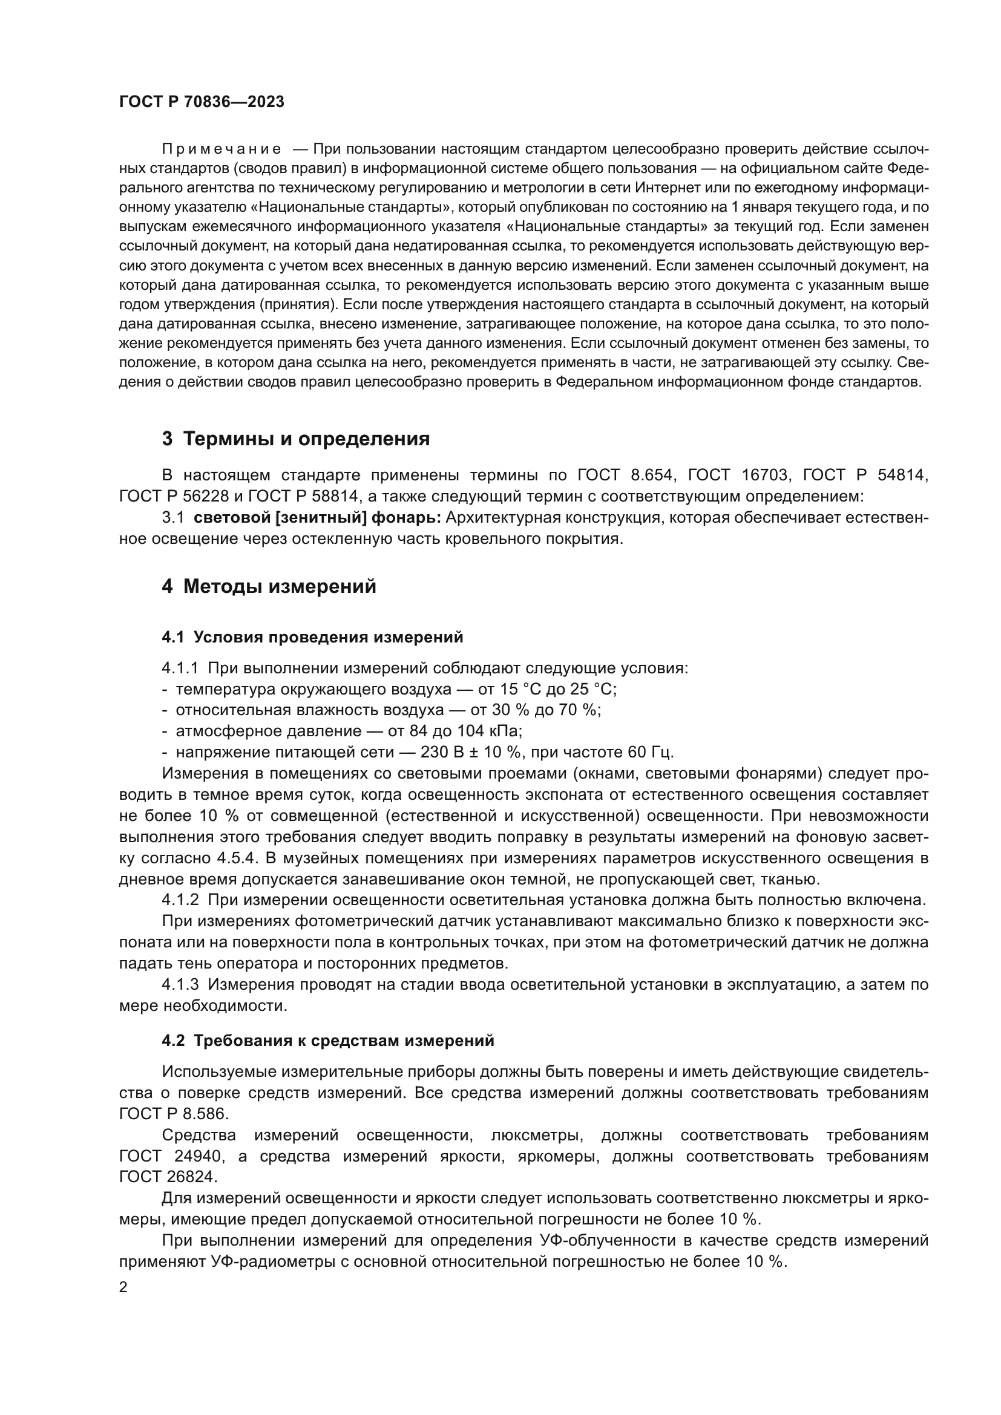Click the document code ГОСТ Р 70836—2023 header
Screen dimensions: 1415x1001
click(202, 102)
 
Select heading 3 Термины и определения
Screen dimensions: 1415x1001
click(296, 439)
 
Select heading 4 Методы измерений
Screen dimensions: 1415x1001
click(269, 586)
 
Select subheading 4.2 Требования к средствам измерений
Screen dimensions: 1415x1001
click(328, 1041)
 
